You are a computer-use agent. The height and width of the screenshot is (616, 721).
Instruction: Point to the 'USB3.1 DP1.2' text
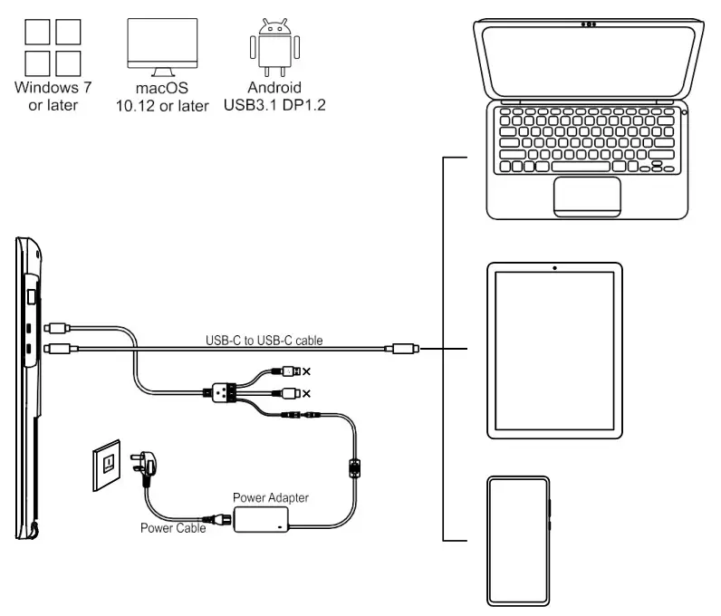coord(274,106)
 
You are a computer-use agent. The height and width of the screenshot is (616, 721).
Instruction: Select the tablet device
coord(554,350)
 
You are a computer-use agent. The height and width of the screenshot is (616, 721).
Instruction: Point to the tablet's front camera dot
coord(554,268)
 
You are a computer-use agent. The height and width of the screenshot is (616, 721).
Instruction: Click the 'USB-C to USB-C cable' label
coord(264,340)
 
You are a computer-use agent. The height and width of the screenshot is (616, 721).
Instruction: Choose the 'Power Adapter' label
coord(271,497)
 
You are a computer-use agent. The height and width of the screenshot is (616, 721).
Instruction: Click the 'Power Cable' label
coord(172,528)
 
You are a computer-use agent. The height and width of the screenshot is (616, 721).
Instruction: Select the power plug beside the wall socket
coord(144,469)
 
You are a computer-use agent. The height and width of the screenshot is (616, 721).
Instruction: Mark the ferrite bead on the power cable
coord(356,469)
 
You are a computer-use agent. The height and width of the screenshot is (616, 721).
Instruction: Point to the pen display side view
coord(29,390)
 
